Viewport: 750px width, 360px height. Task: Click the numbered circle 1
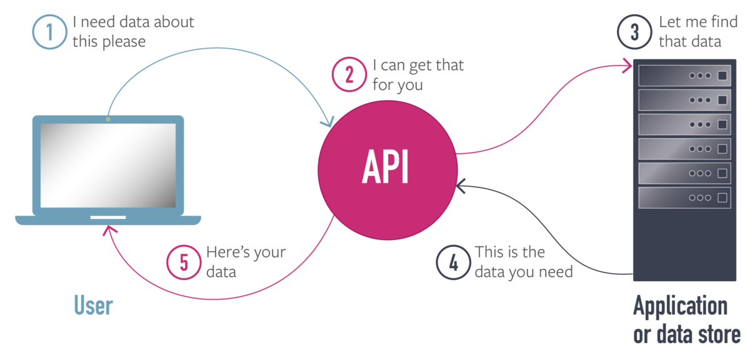pyautogui.click(x=49, y=32)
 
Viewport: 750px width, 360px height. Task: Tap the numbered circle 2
pyautogui.click(x=349, y=74)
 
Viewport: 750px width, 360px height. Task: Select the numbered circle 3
pyautogui.click(x=634, y=32)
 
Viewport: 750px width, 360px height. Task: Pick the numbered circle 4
pyautogui.click(x=453, y=262)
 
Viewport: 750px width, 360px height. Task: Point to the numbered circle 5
pyautogui.click(x=184, y=262)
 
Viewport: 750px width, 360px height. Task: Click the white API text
pyautogui.click(x=385, y=166)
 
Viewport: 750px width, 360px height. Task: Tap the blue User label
pyautogui.click(x=93, y=306)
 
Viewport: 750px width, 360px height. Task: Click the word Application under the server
pyautogui.click(x=680, y=306)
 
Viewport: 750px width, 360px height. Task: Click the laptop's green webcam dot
pyautogui.click(x=108, y=119)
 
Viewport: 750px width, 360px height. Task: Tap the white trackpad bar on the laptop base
pyautogui.click(x=108, y=217)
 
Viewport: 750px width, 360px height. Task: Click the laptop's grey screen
pyautogui.click(x=108, y=166)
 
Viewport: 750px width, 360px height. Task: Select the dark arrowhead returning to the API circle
pyautogui.click(x=461, y=186)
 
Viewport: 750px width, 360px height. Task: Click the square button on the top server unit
pyautogui.click(x=722, y=76)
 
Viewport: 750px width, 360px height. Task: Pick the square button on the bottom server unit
pyautogui.click(x=722, y=197)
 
